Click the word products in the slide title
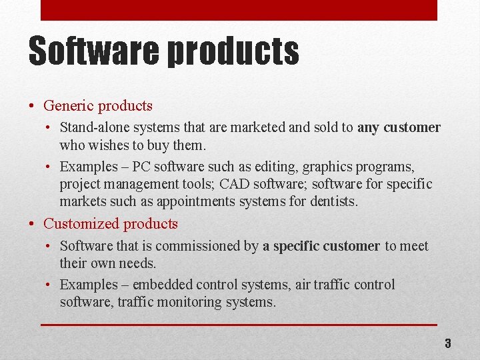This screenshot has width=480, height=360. pyautogui.click(x=233, y=52)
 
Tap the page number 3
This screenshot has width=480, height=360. pyautogui.click(x=448, y=343)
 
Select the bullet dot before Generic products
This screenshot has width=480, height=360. pyautogui.click(x=32, y=106)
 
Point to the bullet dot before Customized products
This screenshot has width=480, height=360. pyautogui.click(x=32, y=224)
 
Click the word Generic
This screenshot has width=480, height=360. pyautogui.click(x=68, y=105)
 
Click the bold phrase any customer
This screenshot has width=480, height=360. pyautogui.click(x=399, y=127)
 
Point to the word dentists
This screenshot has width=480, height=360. pyautogui.click(x=334, y=201)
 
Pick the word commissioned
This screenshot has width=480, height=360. pyautogui.click(x=187, y=246)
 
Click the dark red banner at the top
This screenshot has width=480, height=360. pyautogui.click(x=239, y=10)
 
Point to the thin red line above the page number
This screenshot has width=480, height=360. pyautogui.click(x=239, y=325)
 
